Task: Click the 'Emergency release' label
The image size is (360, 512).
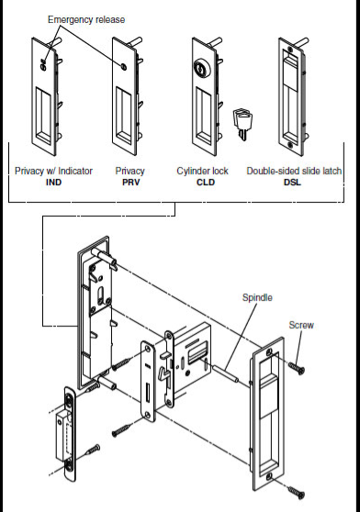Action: (x=85, y=19)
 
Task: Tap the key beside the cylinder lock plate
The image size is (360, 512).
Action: (x=244, y=121)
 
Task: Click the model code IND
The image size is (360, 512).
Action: (x=53, y=183)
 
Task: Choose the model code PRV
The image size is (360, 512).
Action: (x=129, y=183)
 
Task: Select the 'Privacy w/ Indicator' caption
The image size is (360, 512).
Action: (x=53, y=172)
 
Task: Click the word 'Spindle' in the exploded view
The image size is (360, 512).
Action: (x=257, y=298)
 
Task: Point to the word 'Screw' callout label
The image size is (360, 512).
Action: (x=301, y=325)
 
